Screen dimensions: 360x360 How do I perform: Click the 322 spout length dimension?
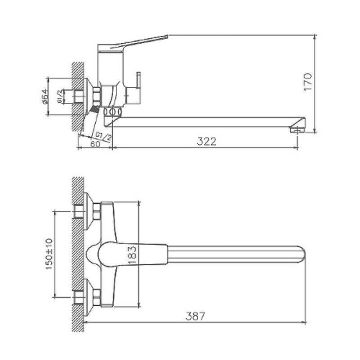coord(206,143)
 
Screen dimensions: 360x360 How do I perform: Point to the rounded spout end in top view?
coord(300,253)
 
